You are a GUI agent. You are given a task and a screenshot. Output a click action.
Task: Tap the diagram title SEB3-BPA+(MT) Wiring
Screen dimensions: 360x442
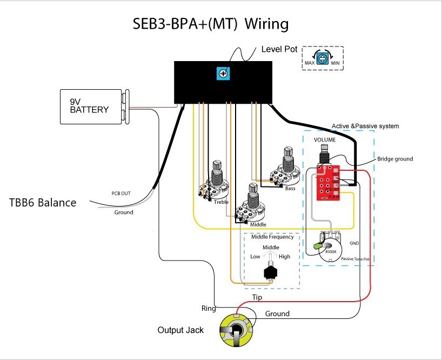(x=210, y=24)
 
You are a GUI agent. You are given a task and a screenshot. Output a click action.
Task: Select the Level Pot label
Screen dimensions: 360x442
(x=279, y=49)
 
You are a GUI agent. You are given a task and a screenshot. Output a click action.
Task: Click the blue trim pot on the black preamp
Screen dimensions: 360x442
(x=222, y=73)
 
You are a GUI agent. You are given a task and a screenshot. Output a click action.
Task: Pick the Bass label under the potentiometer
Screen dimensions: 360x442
(x=290, y=189)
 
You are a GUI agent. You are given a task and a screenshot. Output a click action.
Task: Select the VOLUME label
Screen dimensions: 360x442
(x=325, y=139)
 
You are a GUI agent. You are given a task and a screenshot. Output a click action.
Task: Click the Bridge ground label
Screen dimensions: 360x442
(x=395, y=159)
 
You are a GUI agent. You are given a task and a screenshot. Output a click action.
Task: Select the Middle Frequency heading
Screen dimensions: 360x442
(x=272, y=237)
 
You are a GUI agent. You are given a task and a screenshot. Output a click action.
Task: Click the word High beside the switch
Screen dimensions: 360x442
(x=284, y=257)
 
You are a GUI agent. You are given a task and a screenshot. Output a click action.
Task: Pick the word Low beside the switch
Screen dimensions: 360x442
(x=256, y=257)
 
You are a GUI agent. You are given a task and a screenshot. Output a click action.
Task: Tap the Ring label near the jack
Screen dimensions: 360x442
(x=209, y=309)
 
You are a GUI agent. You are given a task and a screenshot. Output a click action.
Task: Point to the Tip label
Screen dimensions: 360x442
(x=258, y=298)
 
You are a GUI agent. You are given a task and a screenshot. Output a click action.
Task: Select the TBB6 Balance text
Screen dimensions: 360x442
(x=43, y=203)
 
